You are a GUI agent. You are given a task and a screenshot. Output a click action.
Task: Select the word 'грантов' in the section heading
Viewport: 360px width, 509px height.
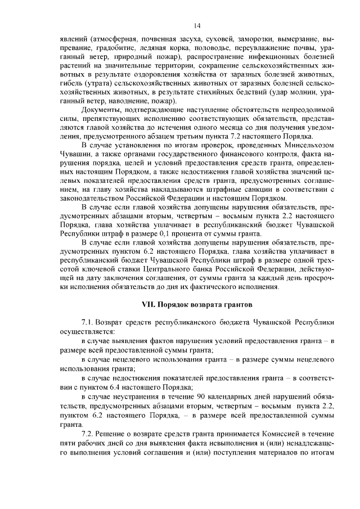click(237, 304)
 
